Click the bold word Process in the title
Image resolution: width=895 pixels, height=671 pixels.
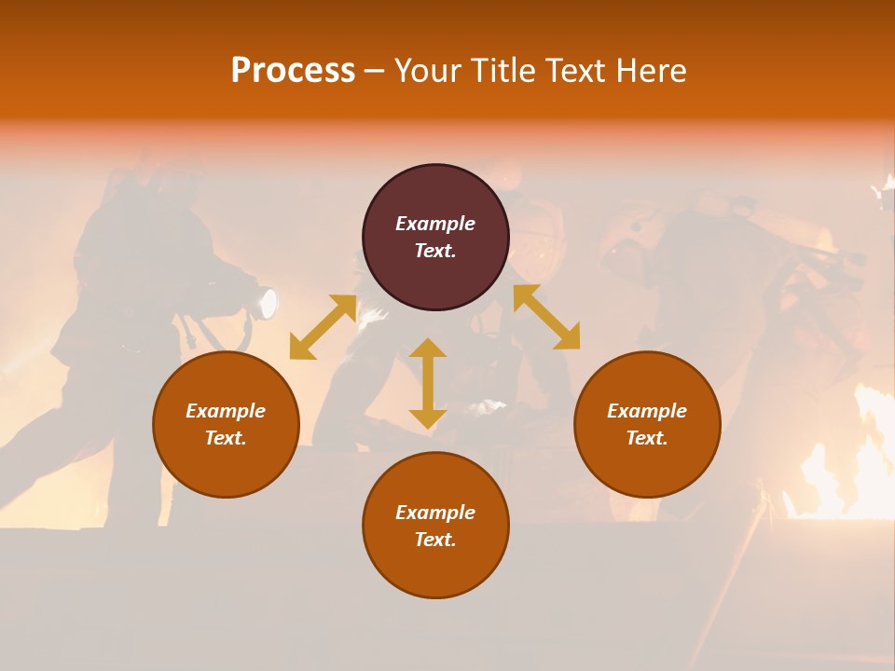pos(293,71)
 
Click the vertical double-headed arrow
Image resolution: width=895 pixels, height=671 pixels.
pos(428,383)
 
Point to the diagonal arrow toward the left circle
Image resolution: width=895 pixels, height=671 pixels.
pos(323,327)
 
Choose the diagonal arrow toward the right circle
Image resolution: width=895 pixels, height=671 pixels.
pos(546,317)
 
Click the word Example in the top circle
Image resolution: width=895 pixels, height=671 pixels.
pos(435,224)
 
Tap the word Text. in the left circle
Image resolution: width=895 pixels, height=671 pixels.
pos(226,438)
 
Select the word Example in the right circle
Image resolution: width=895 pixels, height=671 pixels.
pos(647,411)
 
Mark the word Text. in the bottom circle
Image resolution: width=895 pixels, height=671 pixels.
pos(435,540)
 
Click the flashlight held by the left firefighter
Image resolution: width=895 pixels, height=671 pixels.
pos(268,304)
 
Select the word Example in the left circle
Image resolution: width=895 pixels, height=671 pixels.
pos(226,411)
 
